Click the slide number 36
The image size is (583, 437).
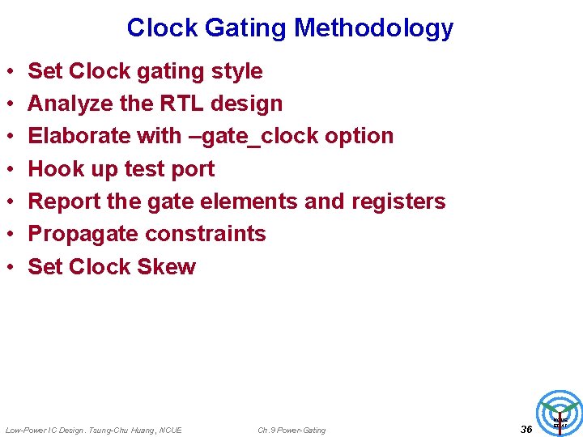tap(526, 429)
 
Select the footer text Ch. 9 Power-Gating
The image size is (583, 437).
tap(291, 430)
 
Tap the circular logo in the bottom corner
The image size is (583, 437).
tap(560, 413)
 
